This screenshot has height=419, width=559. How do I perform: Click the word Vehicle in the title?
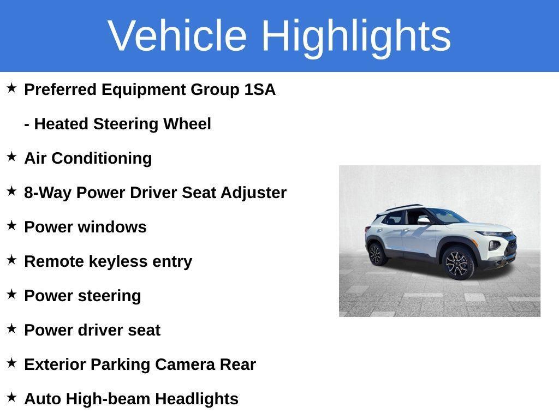click(x=177, y=35)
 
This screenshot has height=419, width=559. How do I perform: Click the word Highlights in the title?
click(x=356, y=37)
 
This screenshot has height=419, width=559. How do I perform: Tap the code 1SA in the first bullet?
click(x=260, y=89)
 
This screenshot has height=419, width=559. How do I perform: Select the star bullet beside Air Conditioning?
click(x=11, y=157)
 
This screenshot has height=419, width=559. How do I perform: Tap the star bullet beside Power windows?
click(x=11, y=226)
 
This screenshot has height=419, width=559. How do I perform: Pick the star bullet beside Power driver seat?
click(x=11, y=329)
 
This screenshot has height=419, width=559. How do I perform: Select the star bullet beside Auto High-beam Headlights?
click(x=11, y=398)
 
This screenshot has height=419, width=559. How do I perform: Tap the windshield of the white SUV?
click(x=445, y=216)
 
